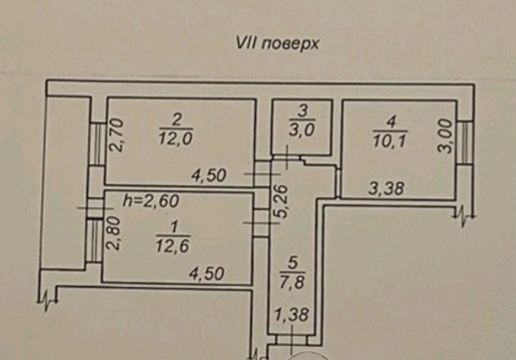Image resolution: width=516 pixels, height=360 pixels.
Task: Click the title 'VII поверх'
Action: point(277,42)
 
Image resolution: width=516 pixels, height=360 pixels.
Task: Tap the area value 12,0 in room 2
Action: point(176,139)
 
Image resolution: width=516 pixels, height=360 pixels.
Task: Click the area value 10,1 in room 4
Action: point(391,140)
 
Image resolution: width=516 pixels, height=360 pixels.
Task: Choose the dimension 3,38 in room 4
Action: point(386,189)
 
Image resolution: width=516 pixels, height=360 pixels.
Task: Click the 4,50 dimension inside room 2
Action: point(210,176)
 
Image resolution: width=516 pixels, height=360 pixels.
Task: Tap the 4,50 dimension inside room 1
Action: point(206,273)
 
